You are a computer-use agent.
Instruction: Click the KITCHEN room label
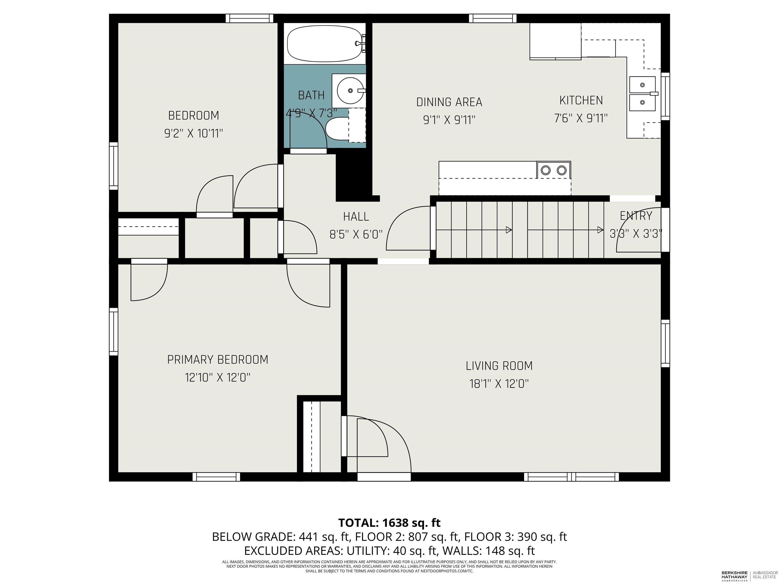(x=581, y=100)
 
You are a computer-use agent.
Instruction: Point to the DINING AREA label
(x=449, y=102)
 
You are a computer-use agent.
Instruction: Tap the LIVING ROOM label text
(x=499, y=366)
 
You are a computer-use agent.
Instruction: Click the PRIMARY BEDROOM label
(x=218, y=359)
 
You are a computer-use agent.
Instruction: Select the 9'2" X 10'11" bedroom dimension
(x=194, y=133)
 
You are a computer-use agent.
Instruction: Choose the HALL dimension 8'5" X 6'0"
(x=356, y=234)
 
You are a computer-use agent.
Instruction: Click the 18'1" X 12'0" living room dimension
(x=499, y=383)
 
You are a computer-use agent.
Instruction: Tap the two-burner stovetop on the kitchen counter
(x=553, y=170)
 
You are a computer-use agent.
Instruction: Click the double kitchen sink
(x=643, y=94)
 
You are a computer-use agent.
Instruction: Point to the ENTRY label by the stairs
(x=636, y=215)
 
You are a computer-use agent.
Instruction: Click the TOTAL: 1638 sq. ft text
(x=389, y=523)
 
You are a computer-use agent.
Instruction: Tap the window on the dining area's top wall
(x=493, y=18)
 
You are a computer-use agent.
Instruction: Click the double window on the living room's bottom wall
(x=571, y=477)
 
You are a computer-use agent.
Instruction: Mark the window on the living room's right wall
(x=665, y=343)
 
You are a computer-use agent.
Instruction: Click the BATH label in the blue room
(x=311, y=95)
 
